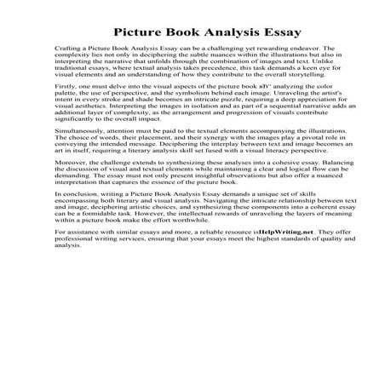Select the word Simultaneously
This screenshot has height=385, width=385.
coord(78,174)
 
